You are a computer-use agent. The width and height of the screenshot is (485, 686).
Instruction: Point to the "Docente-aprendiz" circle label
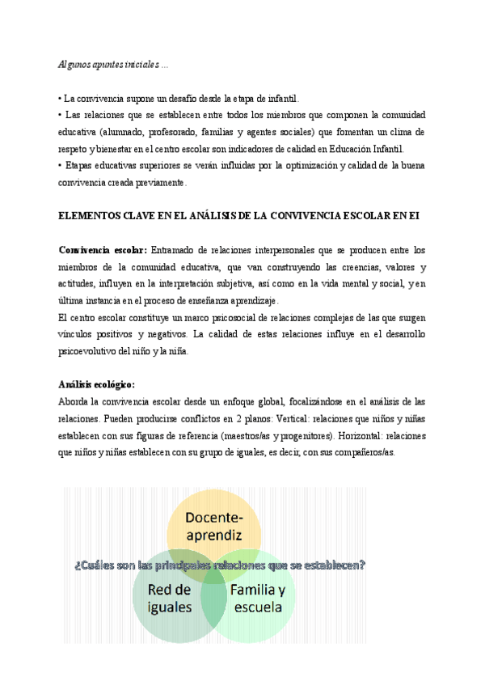[214, 527]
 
